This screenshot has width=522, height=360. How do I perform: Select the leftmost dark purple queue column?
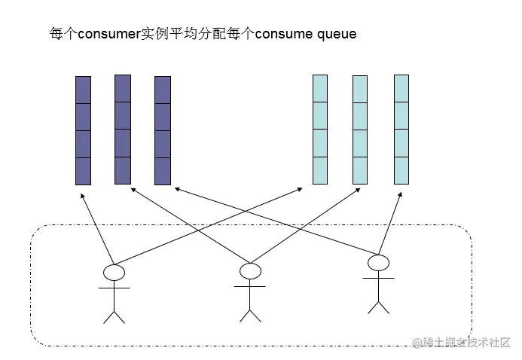pyautogui.click(x=83, y=130)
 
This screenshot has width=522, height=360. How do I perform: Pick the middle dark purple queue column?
pyautogui.click(x=123, y=129)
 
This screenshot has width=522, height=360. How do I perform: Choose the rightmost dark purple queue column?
pyautogui.click(x=163, y=130)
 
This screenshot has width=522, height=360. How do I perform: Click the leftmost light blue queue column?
pyautogui.click(x=320, y=129)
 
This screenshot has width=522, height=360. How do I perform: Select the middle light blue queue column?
pyautogui.click(x=360, y=129)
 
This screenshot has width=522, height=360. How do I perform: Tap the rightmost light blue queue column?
pyautogui.click(x=401, y=129)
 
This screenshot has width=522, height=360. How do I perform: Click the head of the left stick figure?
pyautogui.click(x=114, y=271)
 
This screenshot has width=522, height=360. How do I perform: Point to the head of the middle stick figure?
pyautogui.click(x=249, y=270)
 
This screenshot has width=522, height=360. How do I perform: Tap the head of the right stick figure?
pyautogui.click(x=378, y=262)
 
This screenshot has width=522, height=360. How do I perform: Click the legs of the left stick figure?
pyautogui.click(x=114, y=315)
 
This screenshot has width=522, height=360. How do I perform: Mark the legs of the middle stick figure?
pyautogui.click(x=249, y=312)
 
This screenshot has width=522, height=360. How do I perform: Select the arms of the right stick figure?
pyautogui.click(x=378, y=278)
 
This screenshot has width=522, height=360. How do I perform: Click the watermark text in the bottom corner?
pyautogui.click(x=460, y=343)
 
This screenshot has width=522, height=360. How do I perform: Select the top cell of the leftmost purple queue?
pyautogui.click(x=83, y=90)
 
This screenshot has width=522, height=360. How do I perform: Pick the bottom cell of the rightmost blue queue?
pyautogui.click(x=401, y=170)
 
